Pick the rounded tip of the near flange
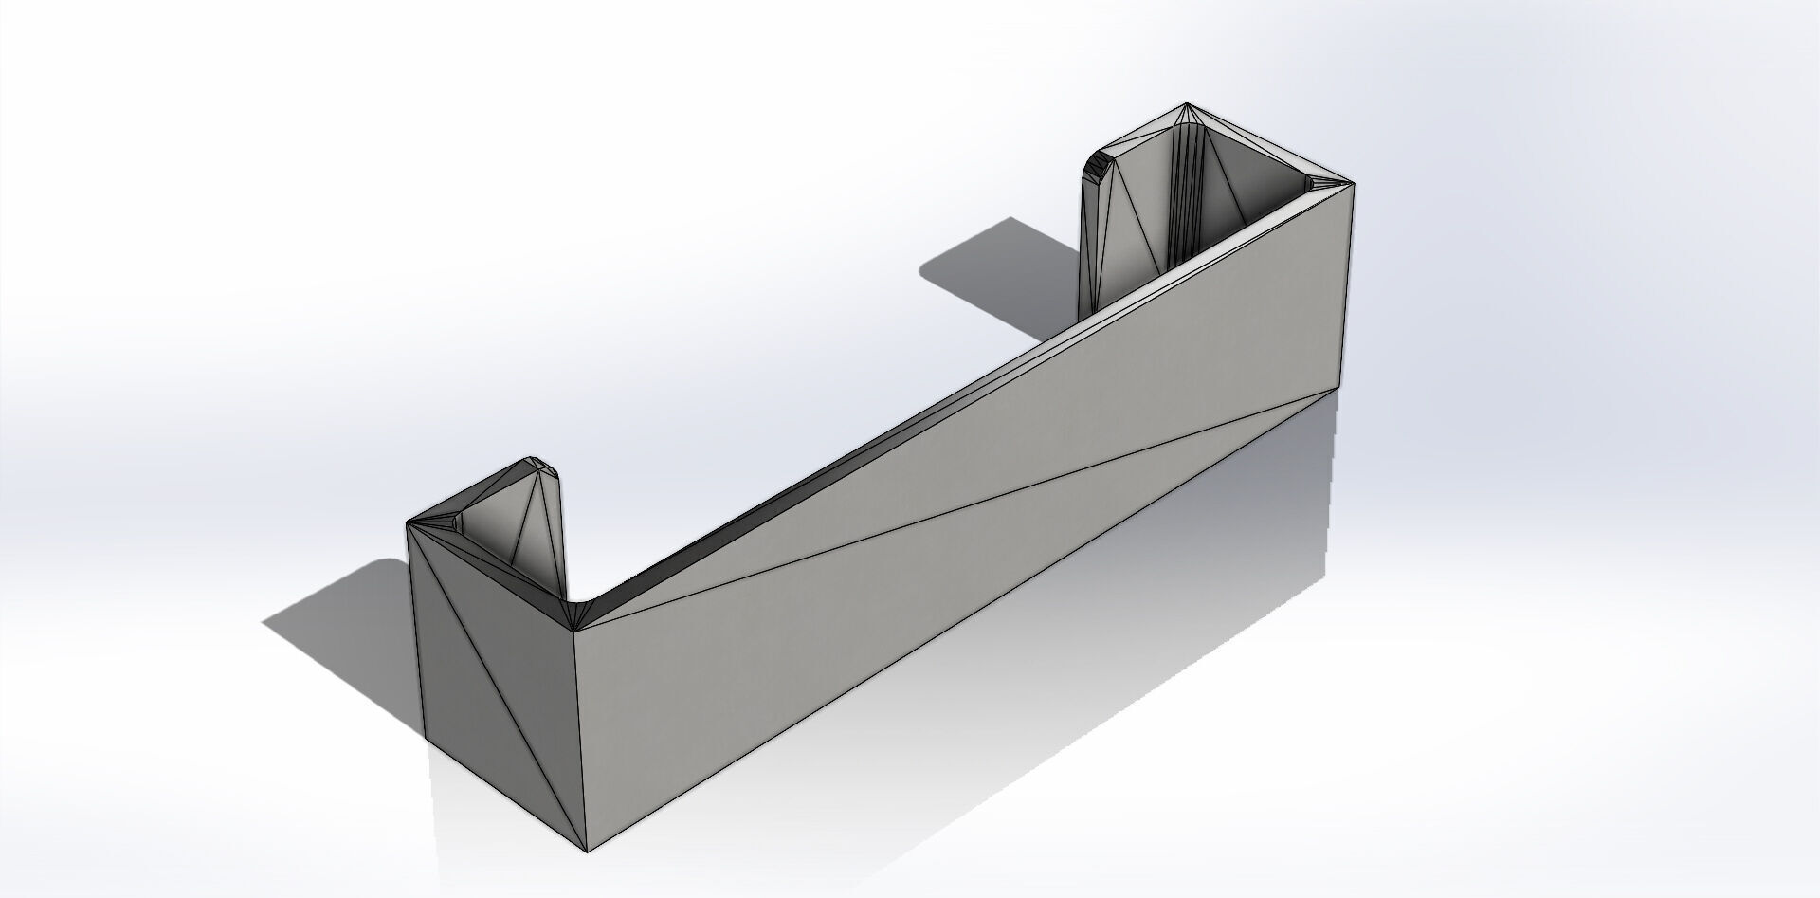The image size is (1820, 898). click(545, 464)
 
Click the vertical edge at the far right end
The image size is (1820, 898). click(1348, 284)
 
